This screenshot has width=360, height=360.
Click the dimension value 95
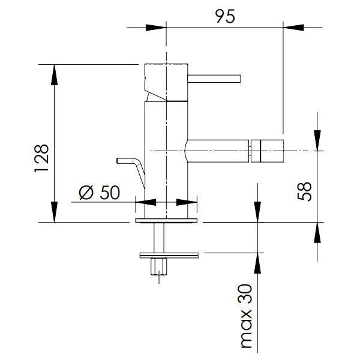point(225,16)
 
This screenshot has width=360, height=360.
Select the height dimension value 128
point(41,158)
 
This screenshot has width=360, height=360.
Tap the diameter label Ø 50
point(100,193)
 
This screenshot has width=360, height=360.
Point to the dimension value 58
point(304,191)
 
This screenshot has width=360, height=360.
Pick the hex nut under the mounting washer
point(159,266)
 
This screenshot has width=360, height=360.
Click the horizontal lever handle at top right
point(214,79)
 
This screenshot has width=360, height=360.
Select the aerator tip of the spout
point(267,151)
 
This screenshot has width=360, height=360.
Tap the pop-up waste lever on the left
point(131,170)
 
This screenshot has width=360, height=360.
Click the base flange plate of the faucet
point(166,220)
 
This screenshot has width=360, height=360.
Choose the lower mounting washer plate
point(169,255)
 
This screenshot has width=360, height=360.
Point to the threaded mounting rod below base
point(159,238)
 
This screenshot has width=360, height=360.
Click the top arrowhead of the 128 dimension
point(54,75)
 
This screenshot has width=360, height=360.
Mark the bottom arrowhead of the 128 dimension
point(54,212)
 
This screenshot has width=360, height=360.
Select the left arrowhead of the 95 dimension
point(155,28)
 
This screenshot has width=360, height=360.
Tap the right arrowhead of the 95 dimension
point(293,28)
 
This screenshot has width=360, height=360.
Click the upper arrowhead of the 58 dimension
point(317,140)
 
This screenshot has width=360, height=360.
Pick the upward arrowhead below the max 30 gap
point(257,263)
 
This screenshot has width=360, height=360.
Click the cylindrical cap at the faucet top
point(166,83)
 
